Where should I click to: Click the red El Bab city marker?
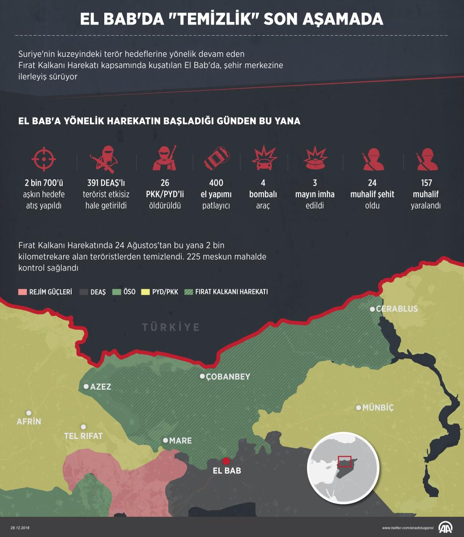click(x=226, y=461)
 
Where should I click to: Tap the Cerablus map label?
click(x=397, y=309)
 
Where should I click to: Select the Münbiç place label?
click(x=378, y=408)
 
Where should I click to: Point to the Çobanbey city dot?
click(x=202, y=376)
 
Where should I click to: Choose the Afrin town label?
click(x=29, y=422)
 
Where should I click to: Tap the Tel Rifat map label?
click(x=83, y=436)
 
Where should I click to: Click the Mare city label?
click(x=180, y=441)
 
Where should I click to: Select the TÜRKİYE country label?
click(x=171, y=328)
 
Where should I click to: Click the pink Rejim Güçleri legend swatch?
click(x=22, y=292)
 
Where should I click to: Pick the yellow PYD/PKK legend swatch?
click(x=145, y=292)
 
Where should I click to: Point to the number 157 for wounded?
click(x=426, y=183)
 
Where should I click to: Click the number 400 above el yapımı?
click(x=216, y=183)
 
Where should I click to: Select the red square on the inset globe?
click(x=345, y=462)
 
